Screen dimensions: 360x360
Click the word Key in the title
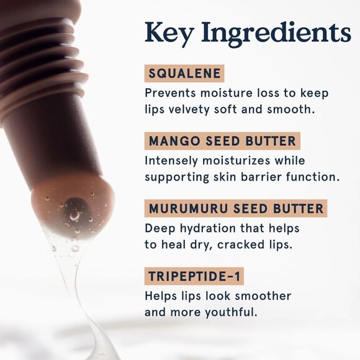[168, 34]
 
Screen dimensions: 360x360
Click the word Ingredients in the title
[276, 34]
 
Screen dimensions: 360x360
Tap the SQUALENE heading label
[184, 73]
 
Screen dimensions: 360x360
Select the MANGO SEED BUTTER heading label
[222, 141]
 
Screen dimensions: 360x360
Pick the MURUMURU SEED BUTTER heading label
[236, 208]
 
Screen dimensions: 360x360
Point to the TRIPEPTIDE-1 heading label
[194, 276]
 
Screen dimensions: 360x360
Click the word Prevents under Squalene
[170, 93]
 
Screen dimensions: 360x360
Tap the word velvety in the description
[189, 110]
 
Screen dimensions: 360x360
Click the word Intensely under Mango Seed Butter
[171, 161]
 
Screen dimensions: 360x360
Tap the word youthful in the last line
[231, 312]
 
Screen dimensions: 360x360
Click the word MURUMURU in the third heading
[188, 209]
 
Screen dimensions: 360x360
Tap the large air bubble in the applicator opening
[74, 215]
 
